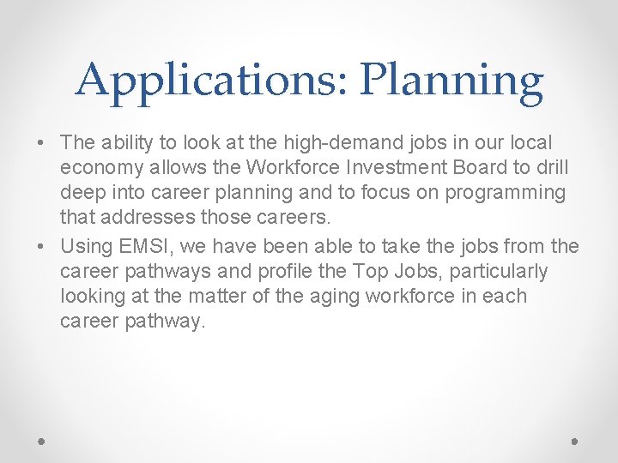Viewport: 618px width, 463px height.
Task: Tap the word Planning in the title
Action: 451,81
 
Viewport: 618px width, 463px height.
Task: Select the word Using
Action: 87,247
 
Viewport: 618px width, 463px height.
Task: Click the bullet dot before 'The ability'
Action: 41,142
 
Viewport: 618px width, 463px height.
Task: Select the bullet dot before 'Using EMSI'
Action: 41,247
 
